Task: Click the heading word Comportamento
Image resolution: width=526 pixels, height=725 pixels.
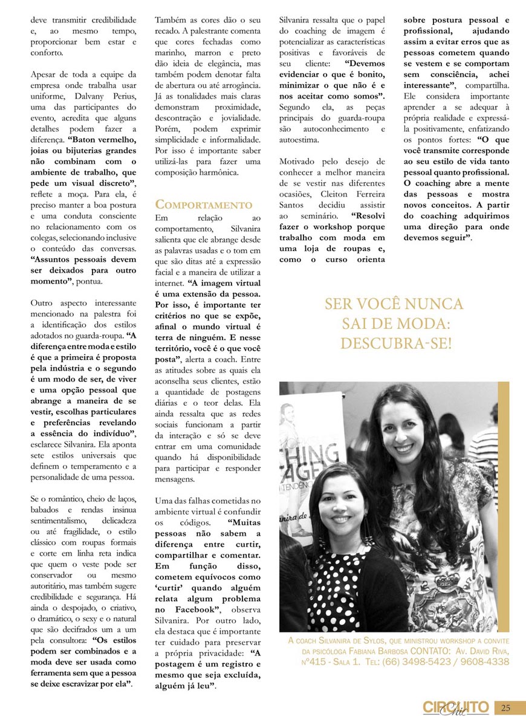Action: coord(204,204)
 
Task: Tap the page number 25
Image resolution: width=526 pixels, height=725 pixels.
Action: coord(506,707)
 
